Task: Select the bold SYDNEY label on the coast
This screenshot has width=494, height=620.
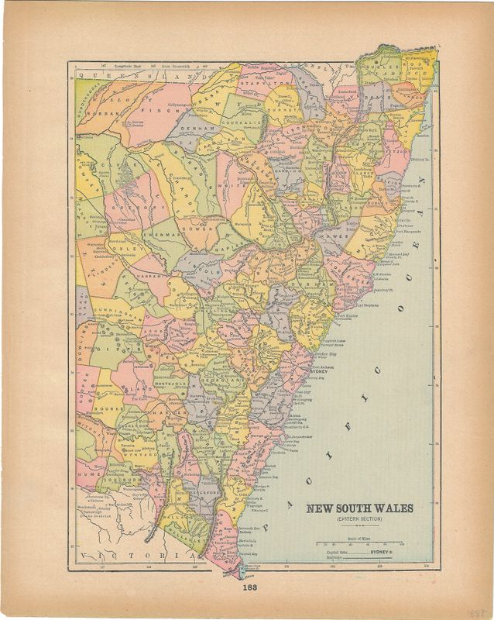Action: click(x=320, y=372)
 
